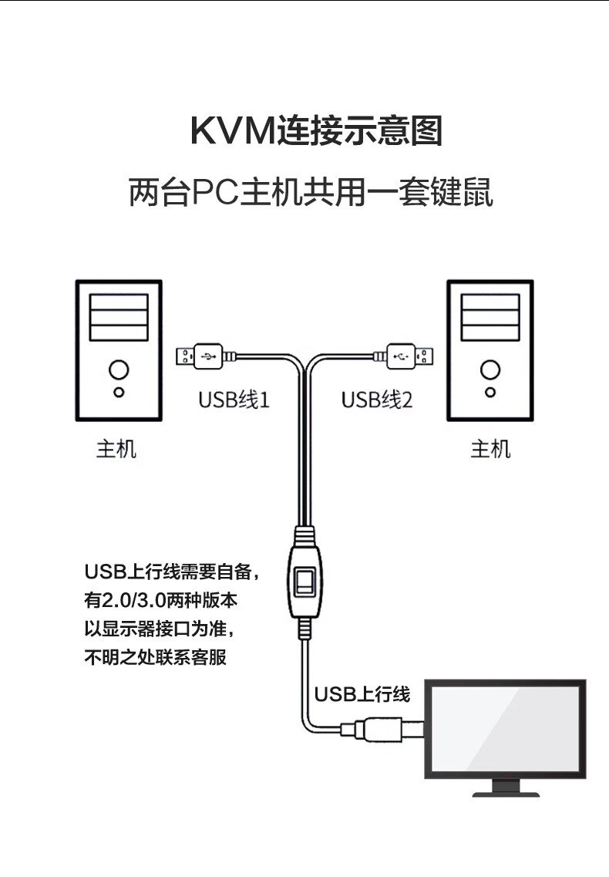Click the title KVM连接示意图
pos(316,131)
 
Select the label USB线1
pos(234,400)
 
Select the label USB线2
pos(377,400)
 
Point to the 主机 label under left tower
pos(116,448)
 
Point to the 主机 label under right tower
pos(490,448)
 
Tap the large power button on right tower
pos(490,369)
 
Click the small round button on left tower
pos(118,393)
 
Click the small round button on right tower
pos(490,393)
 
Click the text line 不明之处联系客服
pos(156,658)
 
